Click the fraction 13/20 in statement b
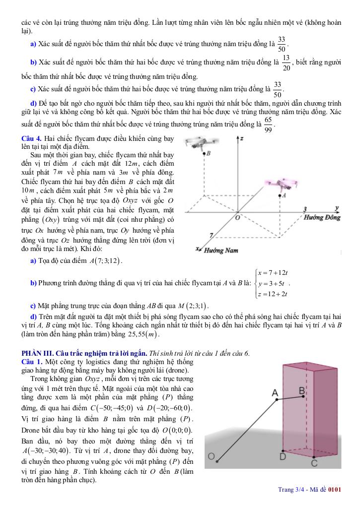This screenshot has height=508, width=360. click(286, 63)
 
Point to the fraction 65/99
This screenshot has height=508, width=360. click(268, 125)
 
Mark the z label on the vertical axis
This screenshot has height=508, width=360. click(241, 139)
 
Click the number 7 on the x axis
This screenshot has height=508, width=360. click(212, 234)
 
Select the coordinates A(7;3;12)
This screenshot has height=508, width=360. click(106, 261)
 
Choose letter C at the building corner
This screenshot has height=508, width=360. click(314, 463)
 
